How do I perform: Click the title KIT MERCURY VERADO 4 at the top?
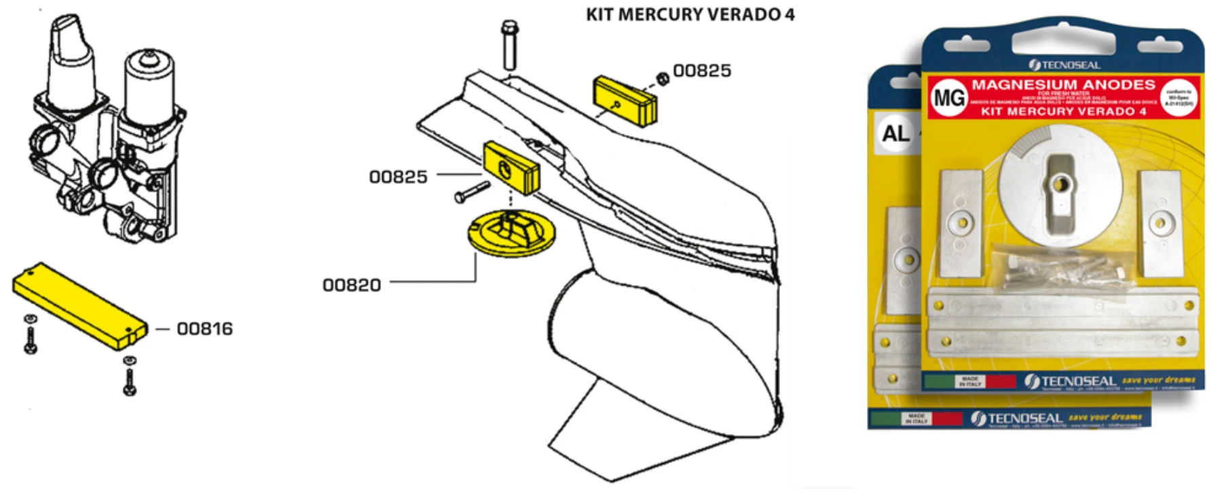click(x=690, y=14)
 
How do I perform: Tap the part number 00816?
click(x=204, y=329)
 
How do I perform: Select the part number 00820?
click(x=352, y=285)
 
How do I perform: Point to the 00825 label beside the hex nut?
click(x=702, y=71)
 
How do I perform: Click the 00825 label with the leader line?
click(x=398, y=177)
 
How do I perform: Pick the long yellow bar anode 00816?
click(x=79, y=306)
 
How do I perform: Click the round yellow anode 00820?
click(x=511, y=235)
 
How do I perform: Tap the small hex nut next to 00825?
click(x=663, y=78)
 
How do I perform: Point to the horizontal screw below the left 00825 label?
click(x=472, y=192)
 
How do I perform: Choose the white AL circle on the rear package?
click(x=895, y=133)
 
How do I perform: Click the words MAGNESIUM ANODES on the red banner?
click(x=1063, y=85)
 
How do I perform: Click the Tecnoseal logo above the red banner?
click(x=1064, y=65)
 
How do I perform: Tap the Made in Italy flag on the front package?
click(x=970, y=382)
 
